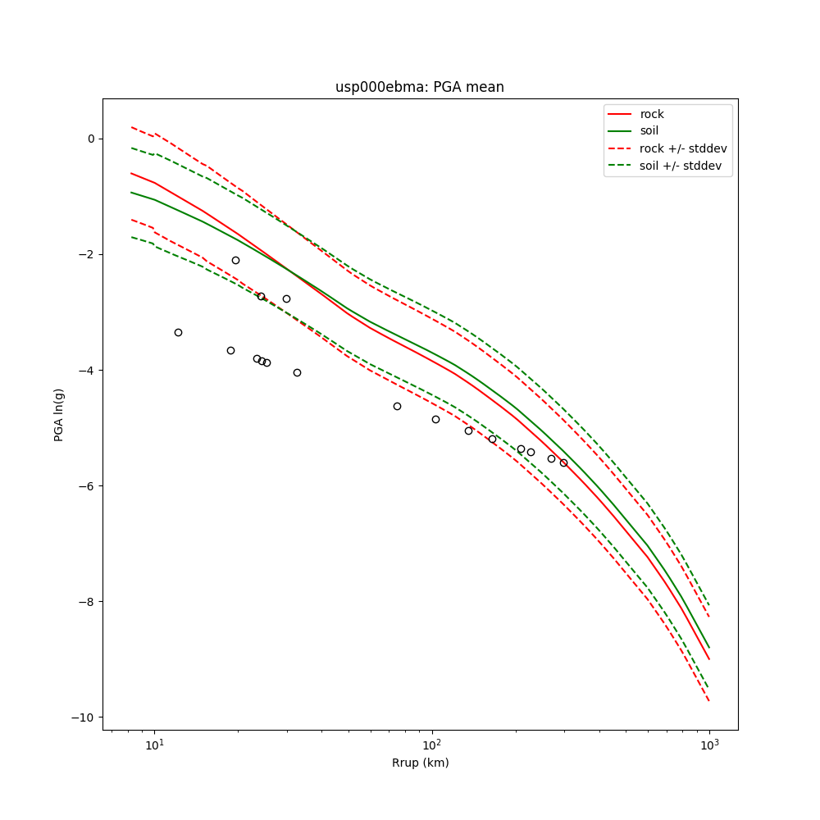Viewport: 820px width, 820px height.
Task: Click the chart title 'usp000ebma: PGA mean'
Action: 420,87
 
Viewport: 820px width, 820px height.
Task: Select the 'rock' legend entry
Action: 652,114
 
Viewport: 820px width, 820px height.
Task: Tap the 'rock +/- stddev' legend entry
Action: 683,148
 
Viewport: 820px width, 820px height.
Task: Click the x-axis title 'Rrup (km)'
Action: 420,763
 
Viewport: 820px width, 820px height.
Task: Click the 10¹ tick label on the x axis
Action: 154,744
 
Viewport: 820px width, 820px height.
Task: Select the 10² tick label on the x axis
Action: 431,744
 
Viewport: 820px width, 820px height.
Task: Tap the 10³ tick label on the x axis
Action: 709,744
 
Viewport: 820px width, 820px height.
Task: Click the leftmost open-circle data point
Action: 178,332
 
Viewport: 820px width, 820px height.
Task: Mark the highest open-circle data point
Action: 235,260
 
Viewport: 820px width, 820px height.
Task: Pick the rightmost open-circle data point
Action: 563,462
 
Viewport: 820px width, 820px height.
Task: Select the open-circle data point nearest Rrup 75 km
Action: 397,406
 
